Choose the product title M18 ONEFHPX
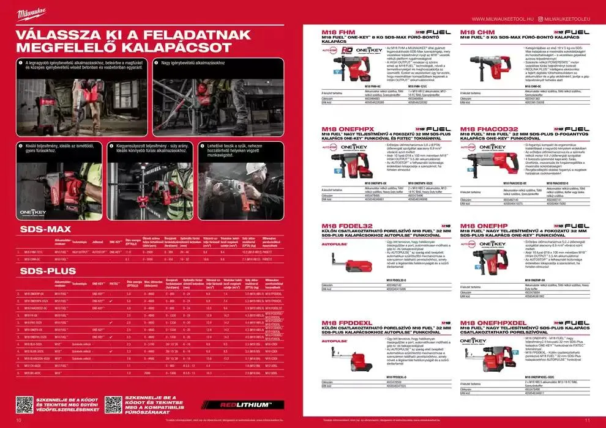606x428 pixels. [347, 129]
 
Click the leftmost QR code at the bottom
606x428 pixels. [24, 404]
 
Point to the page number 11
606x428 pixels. [586, 420]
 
